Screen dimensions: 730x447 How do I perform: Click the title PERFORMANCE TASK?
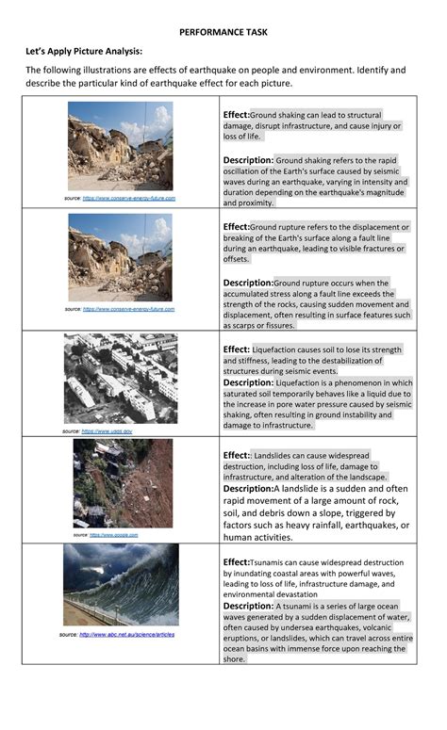pyautogui.click(x=223, y=32)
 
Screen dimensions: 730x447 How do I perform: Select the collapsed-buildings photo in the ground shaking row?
pyautogui.click(x=120, y=146)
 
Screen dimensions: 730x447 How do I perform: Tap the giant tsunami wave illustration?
pyautogui.click(x=121, y=584)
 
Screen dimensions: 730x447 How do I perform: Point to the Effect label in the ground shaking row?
pyautogui.click(x=236, y=114)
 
